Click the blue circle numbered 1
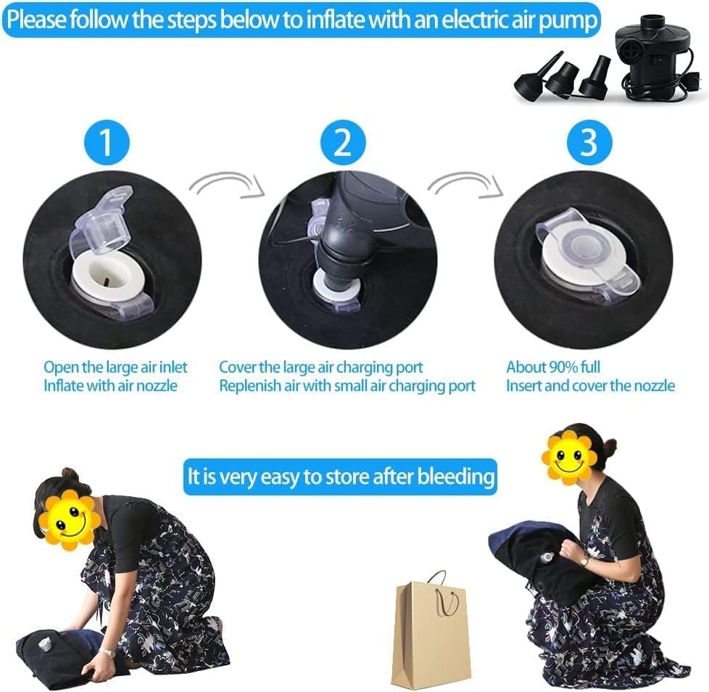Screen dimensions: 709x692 (107, 142)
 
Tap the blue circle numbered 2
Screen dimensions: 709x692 (343, 142)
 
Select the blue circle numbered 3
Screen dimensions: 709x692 (589, 142)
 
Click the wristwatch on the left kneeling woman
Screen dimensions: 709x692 (107, 652)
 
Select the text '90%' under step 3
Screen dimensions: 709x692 (563, 367)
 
